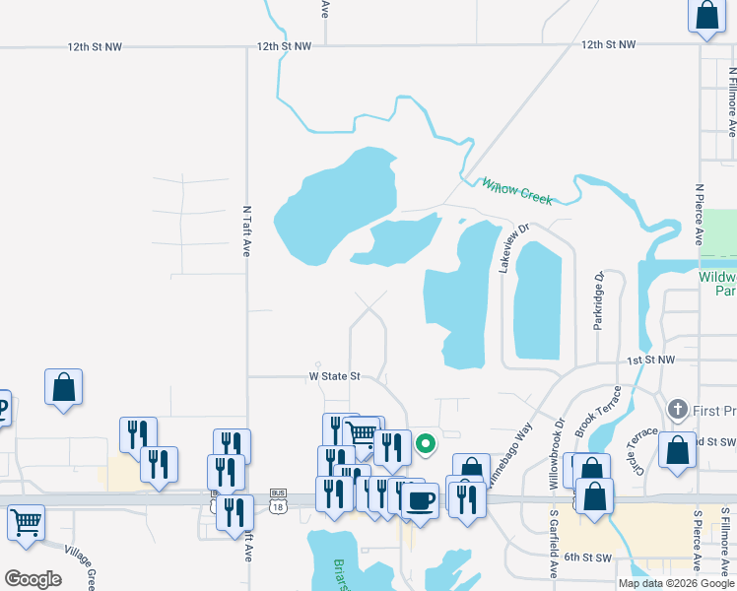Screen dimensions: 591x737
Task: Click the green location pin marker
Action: (x=426, y=443)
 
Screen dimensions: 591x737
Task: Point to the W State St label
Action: (x=336, y=376)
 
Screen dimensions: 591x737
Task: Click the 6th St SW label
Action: (x=587, y=558)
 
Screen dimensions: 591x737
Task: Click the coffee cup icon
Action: (x=421, y=499)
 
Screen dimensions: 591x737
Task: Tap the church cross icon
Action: (x=677, y=408)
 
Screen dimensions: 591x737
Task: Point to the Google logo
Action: (x=33, y=578)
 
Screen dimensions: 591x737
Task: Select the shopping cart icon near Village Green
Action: (x=25, y=522)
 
